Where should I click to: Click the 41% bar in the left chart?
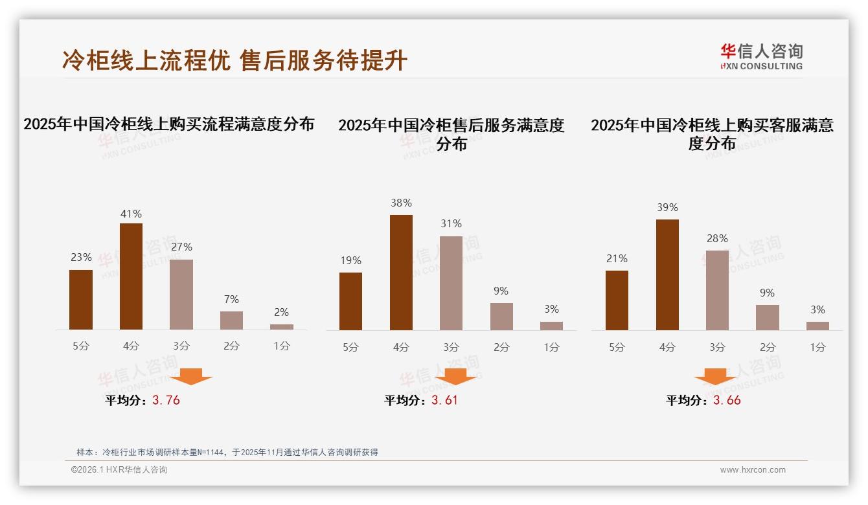coord(131,276)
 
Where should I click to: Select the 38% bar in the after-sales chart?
coord(401,273)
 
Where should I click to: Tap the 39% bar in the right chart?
coord(667,275)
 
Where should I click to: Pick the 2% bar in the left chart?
coord(282,327)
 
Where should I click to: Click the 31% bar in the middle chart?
coord(451,283)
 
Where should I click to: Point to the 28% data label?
coord(717,238)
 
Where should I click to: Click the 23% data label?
coord(81,257)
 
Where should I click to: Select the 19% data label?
coord(350,260)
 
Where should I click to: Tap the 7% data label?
coord(231,299)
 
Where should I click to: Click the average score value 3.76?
coord(166,400)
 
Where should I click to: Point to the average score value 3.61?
coord(444,400)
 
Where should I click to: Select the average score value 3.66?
coord(727,400)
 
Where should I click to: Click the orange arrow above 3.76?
coord(191,376)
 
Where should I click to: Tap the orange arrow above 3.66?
coord(715,376)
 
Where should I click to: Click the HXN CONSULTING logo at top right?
coord(761,56)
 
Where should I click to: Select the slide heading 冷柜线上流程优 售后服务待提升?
coord(234,60)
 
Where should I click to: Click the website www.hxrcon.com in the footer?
coord(752,470)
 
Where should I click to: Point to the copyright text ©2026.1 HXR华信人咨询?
coord(119,470)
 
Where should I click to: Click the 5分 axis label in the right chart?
coord(617,347)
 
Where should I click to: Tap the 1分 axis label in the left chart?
coord(282,346)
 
